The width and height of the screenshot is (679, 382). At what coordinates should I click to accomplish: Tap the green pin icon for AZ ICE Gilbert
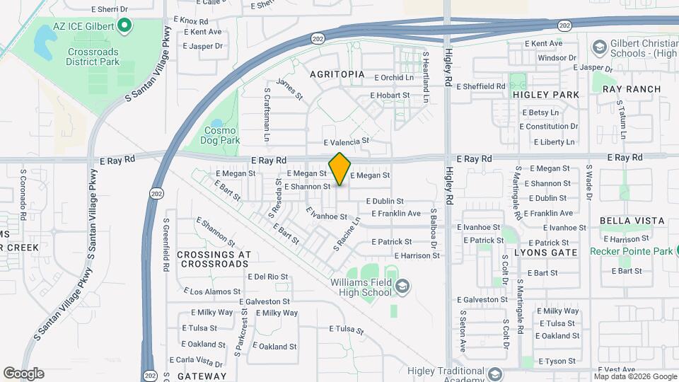coord(125,28)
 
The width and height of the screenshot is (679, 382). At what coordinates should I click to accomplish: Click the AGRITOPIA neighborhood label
coord(337,74)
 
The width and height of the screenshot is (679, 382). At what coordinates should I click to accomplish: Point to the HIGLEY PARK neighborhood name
coord(545,95)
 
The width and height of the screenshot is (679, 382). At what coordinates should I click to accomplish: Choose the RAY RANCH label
coord(632,89)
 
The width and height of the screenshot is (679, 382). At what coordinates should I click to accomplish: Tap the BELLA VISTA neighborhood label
coord(632,221)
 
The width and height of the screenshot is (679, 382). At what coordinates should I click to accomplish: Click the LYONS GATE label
coord(545,252)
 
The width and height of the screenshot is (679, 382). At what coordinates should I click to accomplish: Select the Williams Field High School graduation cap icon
coord(402,286)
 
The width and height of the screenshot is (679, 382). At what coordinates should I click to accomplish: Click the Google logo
coord(23,374)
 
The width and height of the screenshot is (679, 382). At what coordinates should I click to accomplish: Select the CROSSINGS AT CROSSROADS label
coord(214,259)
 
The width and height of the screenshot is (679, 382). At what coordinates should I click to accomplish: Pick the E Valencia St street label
coord(347,141)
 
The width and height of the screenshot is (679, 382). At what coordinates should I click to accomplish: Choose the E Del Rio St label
coord(267,277)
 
